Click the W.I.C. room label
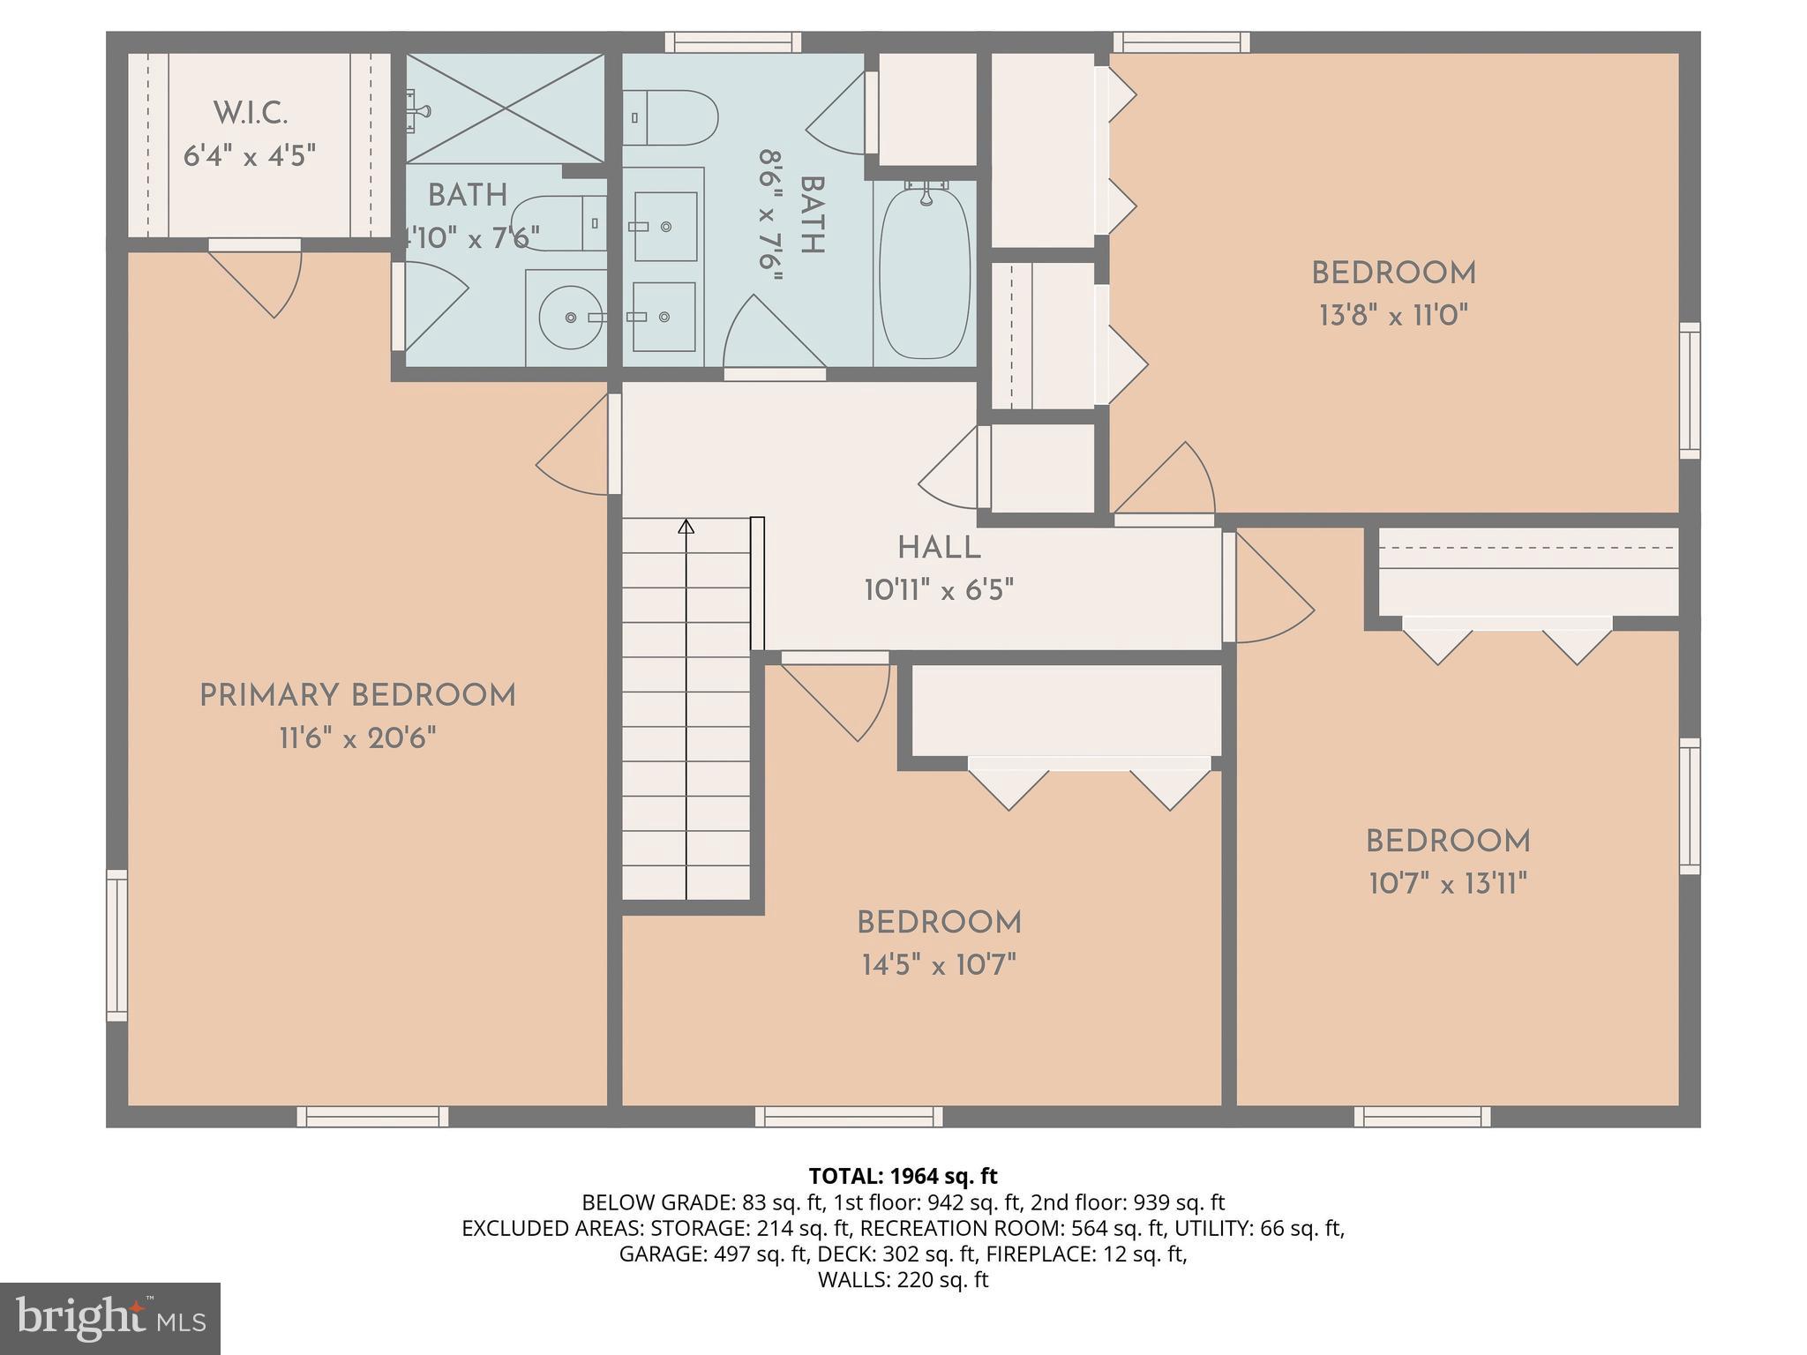coord(251,114)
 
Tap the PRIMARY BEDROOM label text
coord(357,696)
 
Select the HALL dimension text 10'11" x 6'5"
coord(939,590)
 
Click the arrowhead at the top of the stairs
coord(686,528)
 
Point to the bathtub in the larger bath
coord(925,272)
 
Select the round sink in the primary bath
coord(570,317)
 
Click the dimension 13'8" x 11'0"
coord(1393,316)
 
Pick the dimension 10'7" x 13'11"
coord(1447,883)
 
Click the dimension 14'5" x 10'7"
coord(939,965)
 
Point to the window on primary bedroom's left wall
coord(116,945)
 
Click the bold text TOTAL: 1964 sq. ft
coord(903,1176)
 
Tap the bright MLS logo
coord(109,1318)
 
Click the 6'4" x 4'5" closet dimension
coord(250,157)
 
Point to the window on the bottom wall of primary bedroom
coord(372,1117)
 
